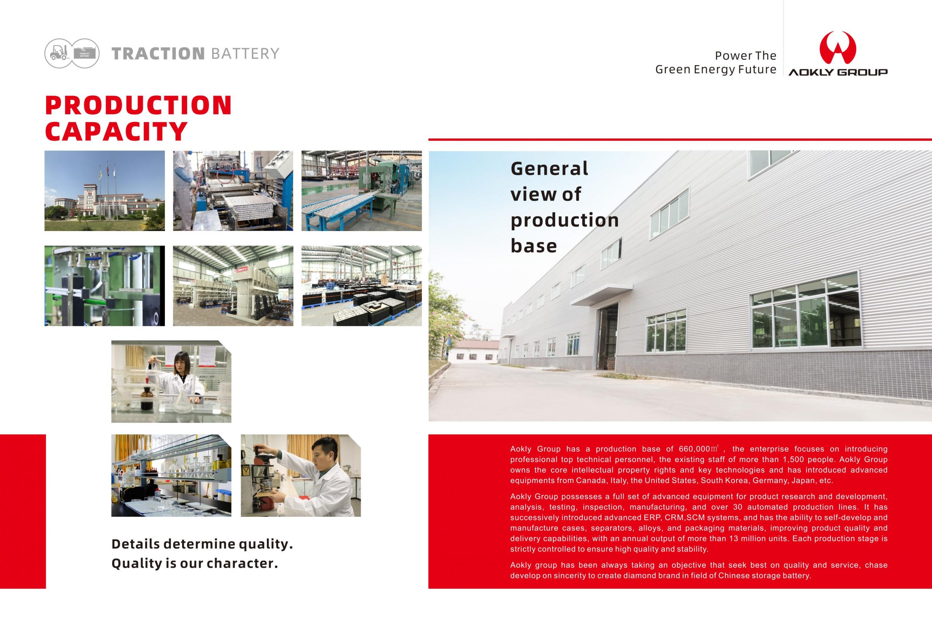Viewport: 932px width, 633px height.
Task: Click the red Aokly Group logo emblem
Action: coord(838,48)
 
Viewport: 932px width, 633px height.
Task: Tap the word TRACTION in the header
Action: coord(158,53)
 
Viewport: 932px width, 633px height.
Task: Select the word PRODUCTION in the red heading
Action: coord(138,105)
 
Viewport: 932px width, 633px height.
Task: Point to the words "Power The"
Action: coord(746,55)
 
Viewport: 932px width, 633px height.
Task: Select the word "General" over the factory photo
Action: coord(549,168)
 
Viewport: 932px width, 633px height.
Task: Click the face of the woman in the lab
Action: coord(181,360)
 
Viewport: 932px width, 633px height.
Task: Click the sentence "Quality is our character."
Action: coord(194,563)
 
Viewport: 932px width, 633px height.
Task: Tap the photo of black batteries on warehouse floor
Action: coord(361,286)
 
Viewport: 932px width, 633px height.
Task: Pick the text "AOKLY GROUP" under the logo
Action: coord(838,72)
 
